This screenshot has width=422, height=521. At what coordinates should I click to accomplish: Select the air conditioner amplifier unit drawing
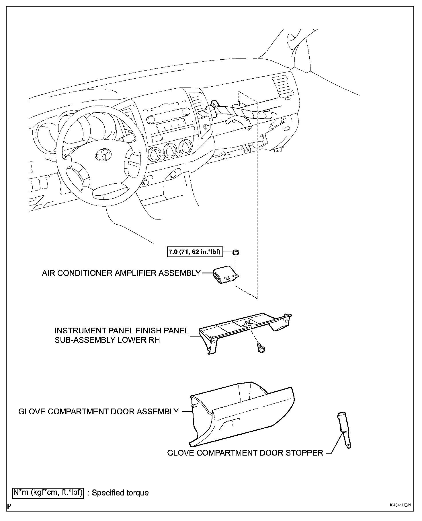pos(226,275)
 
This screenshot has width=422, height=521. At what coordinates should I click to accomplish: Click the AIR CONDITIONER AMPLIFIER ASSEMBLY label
pos(121,273)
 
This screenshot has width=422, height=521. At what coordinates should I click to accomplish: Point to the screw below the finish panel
pos(261,349)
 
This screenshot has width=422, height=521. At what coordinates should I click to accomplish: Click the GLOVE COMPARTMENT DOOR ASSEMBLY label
pos(99,411)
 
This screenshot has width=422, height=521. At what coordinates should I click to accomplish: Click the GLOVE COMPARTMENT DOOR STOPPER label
pos(245,453)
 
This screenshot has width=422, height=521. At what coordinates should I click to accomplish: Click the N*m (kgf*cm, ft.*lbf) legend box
pos(48,493)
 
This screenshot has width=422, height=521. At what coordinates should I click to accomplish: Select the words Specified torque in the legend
pos(120,493)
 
